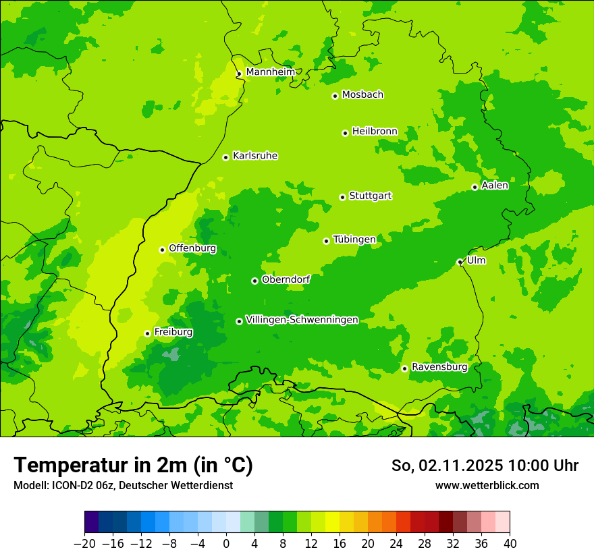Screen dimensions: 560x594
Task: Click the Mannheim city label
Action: tap(270, 72)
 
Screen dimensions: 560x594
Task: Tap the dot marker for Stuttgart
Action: tap(343, 197)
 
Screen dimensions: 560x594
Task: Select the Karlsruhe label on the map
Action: tap(254, 156)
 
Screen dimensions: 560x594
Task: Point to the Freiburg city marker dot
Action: tap(147, 333)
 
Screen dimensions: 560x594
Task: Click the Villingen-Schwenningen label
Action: tap(302, 320)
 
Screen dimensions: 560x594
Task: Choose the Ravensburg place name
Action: tap(439, 367)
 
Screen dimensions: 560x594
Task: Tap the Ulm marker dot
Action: tap(460, 262)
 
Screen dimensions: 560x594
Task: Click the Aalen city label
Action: tap(495, 186)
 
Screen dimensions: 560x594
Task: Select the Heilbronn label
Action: tap(375, 132)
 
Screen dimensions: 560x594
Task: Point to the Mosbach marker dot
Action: tap(335, 96)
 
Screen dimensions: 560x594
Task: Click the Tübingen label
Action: tap(354, 240)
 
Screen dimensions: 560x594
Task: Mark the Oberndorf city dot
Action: tap(254, 281)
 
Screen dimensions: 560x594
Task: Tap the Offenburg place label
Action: tap(192, 248)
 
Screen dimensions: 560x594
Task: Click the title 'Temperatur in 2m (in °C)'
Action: tap(134, 465)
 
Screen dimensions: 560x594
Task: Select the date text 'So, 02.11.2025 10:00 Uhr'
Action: tap(485, 466)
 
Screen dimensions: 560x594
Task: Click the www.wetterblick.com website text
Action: tap(487, 485)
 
